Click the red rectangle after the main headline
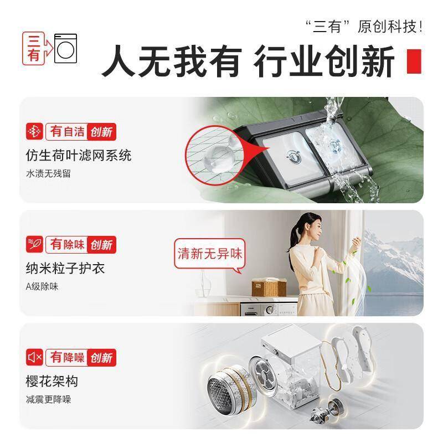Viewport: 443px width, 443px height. [x=414, y=61]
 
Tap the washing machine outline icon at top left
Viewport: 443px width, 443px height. [x=65, y=48]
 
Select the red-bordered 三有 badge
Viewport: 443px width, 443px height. [x=33, y=48]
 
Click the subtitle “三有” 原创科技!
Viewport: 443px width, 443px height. [x=364, y=27]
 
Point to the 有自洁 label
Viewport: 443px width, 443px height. [x=67, y=132]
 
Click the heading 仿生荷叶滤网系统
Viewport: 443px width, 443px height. [x=79, y=156]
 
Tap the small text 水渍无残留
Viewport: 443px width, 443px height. [x=48, y=173]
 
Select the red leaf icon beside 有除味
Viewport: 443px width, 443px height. [x=34, y=244]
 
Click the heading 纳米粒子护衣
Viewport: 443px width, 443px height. [x=65, y=268]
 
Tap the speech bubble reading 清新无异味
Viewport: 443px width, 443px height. [x=210, y=254]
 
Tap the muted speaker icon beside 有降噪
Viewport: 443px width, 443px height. [x=34, y=357]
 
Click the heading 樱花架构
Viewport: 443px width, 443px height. [x=52, y=381]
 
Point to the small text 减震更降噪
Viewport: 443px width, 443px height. [x=48, y=399]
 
